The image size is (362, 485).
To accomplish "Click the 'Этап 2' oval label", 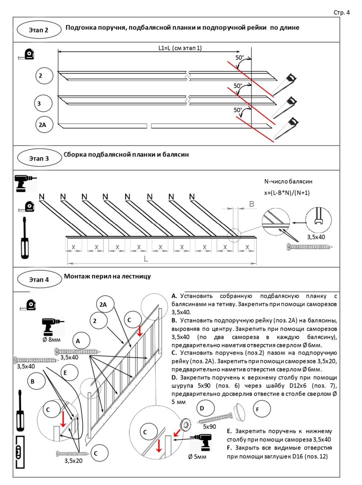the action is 39,30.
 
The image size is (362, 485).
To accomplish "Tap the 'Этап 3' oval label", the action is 39,158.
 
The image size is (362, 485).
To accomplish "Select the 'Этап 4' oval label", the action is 39,279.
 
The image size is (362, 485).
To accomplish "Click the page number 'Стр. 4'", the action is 341,12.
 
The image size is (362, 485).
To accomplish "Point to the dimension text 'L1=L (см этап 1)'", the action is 180,48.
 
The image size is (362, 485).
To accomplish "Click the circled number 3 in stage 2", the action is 43,103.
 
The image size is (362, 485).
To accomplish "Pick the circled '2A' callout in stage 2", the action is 44,124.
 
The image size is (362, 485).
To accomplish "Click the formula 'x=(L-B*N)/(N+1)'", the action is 287,192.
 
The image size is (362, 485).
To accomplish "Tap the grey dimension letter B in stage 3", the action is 252,204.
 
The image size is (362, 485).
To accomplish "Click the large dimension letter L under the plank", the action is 146,258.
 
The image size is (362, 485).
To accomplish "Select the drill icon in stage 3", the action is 26,183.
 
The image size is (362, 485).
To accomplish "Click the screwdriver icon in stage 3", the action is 25,237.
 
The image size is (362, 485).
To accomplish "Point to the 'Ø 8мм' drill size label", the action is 52,339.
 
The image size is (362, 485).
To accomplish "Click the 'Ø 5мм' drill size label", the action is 197,456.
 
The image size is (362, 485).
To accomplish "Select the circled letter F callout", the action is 262,409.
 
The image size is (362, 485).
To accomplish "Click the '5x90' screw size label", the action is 209,426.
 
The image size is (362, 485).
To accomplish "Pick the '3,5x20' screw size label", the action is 74,460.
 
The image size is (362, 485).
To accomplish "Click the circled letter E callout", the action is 69,372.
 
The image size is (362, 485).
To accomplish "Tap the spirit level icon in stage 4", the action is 20,452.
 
